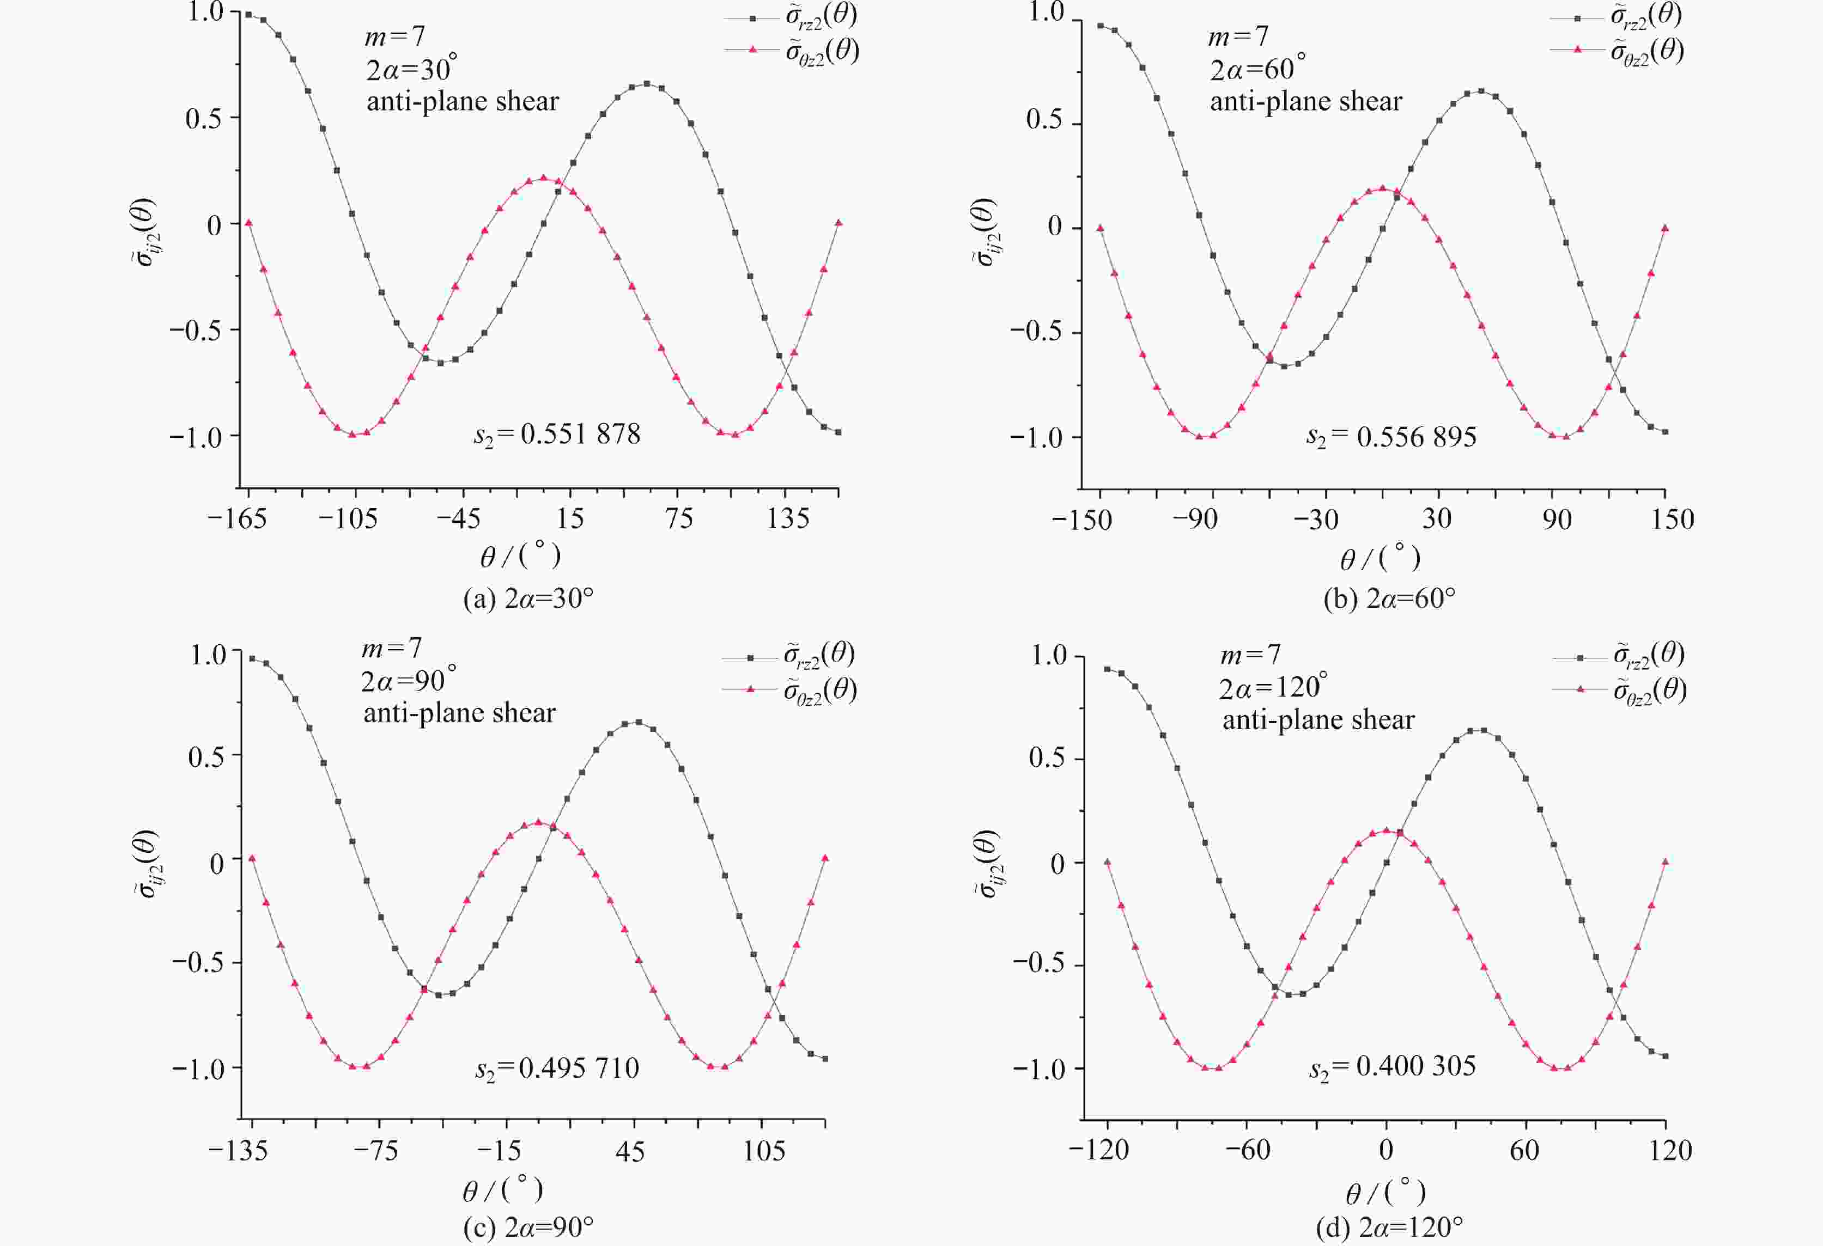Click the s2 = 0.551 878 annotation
[x=557, y=435]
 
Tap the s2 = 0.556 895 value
[x=1391, y=437]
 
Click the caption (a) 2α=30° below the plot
[x=528, y=599]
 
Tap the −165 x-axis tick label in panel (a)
[x=237, y=519]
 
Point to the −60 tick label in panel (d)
[x=1247, y=1150]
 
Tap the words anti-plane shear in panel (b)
[x=1305, y=102]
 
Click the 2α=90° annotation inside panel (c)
[x=409, y=681]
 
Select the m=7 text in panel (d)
[x=1250, y=654]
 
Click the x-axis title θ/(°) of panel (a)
[x=520, y=556]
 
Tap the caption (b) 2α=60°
[x=1389, y=599]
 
